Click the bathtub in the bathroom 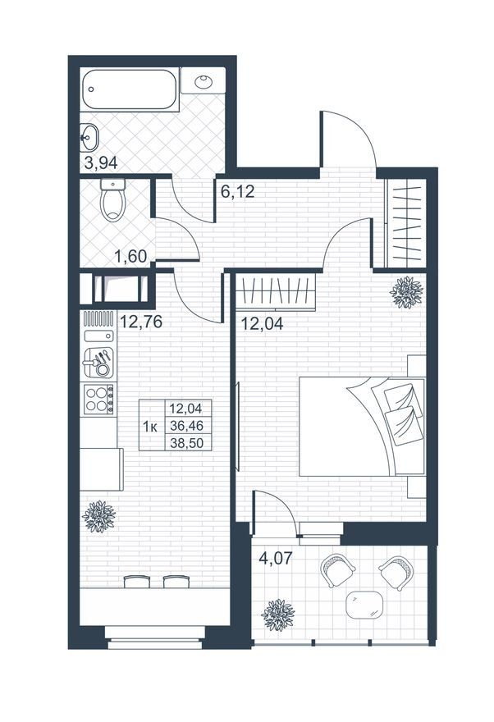point(130,89)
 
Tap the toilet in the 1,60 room point(112,200)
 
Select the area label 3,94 point(101,162)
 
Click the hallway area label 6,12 point(237,191)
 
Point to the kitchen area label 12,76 point(141,322)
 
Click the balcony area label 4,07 point(276,558)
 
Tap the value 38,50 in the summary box point(186,443)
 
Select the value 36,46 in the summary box point(186,426)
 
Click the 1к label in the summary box point(150,427)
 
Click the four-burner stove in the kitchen point(98,399)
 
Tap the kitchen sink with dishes point(98,363)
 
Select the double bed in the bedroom point(362,427)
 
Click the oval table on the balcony point(364,605)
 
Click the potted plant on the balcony point(277,615)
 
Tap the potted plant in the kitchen point(98,517)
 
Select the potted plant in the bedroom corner point(406,292)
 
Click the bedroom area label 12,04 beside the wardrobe point(263,323)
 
